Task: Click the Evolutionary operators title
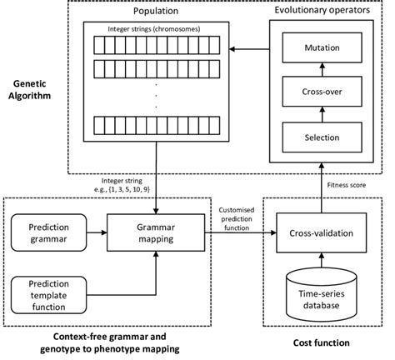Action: [322, 14]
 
